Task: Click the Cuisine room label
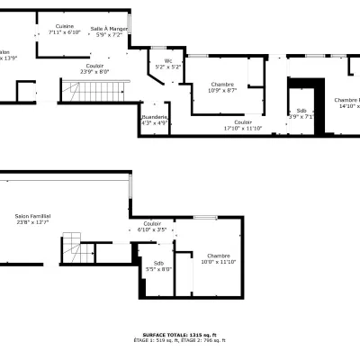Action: tap(65, 27)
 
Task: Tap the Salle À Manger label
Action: tap(110, 29)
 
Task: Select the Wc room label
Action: tap(168, 61)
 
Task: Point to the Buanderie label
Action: tap(155, 117)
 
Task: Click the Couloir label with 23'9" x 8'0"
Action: tap(94, 65)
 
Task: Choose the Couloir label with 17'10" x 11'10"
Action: tap(243, 122)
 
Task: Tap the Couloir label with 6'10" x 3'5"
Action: tap(152, 223)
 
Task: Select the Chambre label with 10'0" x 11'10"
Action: tap(218, 256)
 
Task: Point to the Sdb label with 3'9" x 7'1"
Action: tap(301, 111)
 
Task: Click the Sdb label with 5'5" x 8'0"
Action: tap(158, 263)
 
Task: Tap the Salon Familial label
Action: tap(32, 216)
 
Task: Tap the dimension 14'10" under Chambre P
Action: tap(347, 106)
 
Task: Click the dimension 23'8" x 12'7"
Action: tap(32, 222)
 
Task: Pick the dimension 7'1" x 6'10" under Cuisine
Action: tap(65, 32)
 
